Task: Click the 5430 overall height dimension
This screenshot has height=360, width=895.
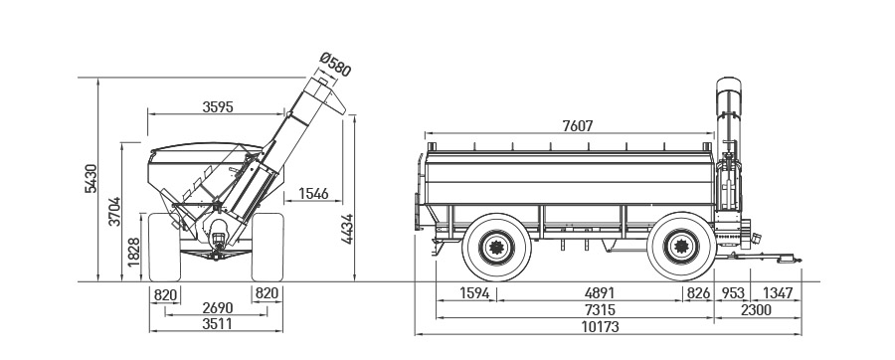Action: point(90,179)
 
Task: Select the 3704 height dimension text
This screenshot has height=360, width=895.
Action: point(114,212)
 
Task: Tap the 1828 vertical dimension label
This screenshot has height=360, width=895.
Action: point(134,253)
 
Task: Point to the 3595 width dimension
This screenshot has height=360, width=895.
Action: point(218,107)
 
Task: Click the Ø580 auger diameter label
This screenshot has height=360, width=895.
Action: point(334,64)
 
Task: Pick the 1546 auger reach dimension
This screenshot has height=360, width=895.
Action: point(313,194)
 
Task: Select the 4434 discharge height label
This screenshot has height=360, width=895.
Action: point(348,229)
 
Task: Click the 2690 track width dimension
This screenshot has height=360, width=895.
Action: point(218,308)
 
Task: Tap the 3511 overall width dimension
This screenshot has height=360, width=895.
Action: point(218,323)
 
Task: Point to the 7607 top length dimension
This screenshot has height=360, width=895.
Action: point(578,126)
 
